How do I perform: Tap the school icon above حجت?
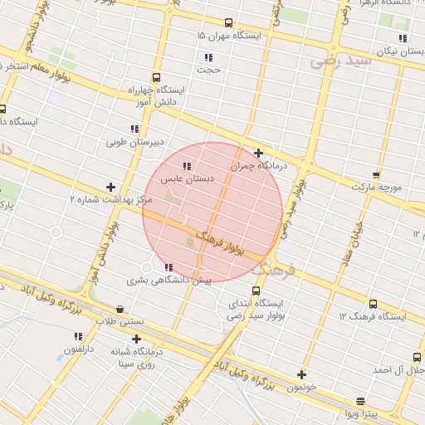[x=208, y=57]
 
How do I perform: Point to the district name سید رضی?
[x=337, y=61]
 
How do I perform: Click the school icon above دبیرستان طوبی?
[x=134, y=129]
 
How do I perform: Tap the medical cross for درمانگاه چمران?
[x=259, y=153]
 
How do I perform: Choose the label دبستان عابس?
[x=188, y=178]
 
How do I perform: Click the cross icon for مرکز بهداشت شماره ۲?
[x=110, y=188]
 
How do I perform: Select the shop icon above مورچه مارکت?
[x=376, y=174]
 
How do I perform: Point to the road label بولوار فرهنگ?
[x=215, y=241]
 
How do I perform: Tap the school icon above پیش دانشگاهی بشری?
[x=169, y=267]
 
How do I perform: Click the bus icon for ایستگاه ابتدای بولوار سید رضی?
[x=255, y=291]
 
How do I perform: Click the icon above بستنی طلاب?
[x=121, y=309]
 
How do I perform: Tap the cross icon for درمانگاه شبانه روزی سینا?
[x=137, y=339]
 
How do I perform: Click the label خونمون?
[x=300, y=388]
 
